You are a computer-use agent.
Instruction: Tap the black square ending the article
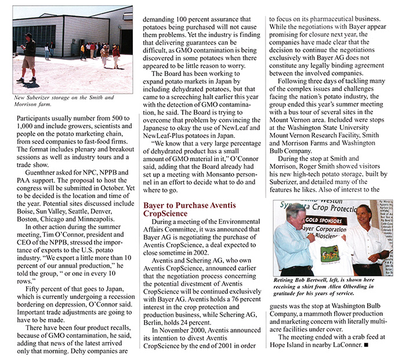point(366,345)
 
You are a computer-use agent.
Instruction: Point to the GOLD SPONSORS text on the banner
point(333,221)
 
